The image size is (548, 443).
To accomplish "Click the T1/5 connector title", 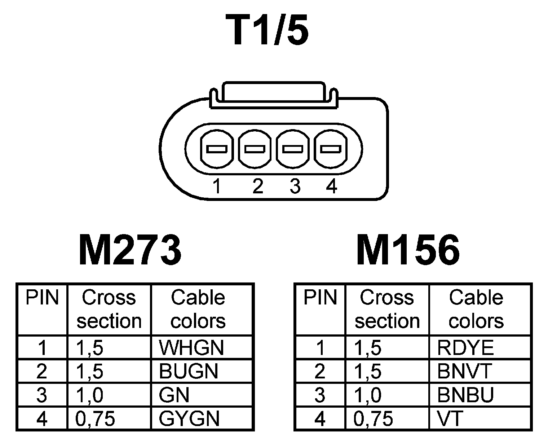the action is point(267,30).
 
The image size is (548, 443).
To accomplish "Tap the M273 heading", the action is point(129,250).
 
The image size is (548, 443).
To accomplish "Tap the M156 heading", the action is point(408,250).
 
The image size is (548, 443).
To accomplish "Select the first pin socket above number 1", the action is point(216,149).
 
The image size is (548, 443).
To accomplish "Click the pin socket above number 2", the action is point(255,149).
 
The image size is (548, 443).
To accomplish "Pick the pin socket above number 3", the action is point(292,149).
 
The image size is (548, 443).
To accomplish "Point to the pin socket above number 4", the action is point(331,149).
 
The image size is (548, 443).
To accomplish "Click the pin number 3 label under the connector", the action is point(295,187).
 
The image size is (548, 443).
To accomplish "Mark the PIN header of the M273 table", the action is point(42,298).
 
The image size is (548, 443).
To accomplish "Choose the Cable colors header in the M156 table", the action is point(476,309).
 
